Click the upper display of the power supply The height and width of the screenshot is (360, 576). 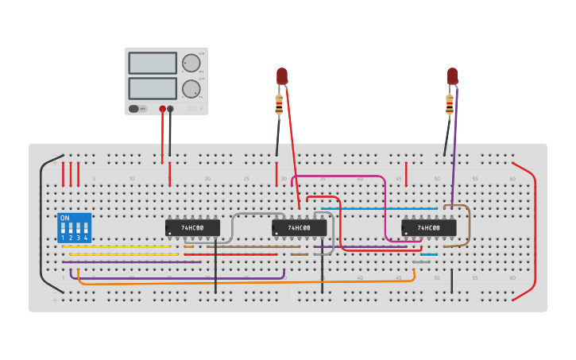click(153, 63)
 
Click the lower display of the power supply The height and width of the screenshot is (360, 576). click(153, 87)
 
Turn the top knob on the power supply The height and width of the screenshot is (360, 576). click(191, 64)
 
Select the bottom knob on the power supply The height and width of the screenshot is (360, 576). click(191, 88)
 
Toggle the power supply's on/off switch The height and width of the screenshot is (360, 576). click(137, 108)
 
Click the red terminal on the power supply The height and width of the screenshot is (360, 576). click(162, 108)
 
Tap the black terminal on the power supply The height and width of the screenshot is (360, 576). click(170, 108)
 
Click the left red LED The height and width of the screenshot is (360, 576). click(281, 75)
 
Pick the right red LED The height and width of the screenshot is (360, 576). click(452, 75)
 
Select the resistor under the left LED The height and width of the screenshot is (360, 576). click(279, 104)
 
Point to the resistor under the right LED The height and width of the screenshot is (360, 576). click(450, 104)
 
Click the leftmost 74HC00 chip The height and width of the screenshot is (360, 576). click(192, 228)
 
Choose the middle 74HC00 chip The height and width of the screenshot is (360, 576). click(299, 228)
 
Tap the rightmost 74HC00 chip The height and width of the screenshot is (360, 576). click(429, 228)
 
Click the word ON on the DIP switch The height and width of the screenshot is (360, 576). click(64, 218)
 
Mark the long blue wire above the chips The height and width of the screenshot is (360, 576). click(381, 208)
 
